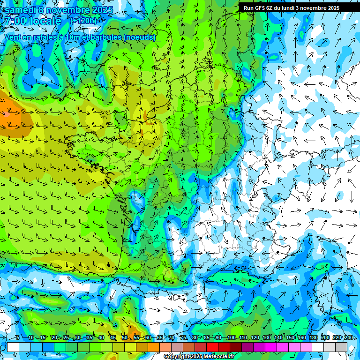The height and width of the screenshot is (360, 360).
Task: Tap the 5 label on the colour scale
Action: coord(17,337)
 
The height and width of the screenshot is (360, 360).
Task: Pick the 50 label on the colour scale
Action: coord(124,337)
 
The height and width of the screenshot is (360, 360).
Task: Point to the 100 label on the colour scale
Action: coord(231,337)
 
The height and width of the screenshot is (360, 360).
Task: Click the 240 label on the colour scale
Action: coord(349,337)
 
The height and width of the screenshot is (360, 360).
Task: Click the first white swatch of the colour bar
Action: coord(13,347)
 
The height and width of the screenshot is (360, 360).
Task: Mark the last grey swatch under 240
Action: coord(341,347)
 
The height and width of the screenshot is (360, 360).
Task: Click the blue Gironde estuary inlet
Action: coord(136,199)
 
